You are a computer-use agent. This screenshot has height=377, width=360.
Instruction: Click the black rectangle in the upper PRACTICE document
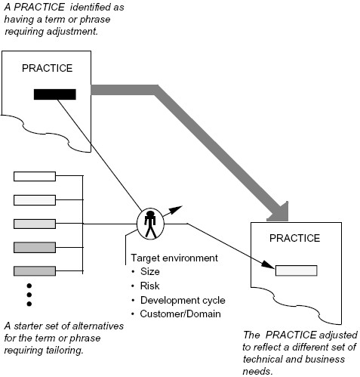[x=54, y=94]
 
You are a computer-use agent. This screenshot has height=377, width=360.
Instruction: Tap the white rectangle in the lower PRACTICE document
[x=295, y=270]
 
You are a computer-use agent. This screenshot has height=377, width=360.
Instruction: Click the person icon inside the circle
[x=150, y=223]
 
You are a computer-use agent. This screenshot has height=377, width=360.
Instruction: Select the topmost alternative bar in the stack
[x=35, y=177]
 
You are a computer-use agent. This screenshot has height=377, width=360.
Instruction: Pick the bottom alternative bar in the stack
[x=35, y=270]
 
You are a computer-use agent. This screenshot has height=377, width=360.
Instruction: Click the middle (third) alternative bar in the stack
[x=35, y=224]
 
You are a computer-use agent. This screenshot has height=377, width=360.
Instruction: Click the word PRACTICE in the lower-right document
[x=295, y=238]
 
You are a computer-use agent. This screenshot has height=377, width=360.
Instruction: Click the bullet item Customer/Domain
[x=178, y=315]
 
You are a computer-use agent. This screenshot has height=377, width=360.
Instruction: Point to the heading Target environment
[x=174, y=258]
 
